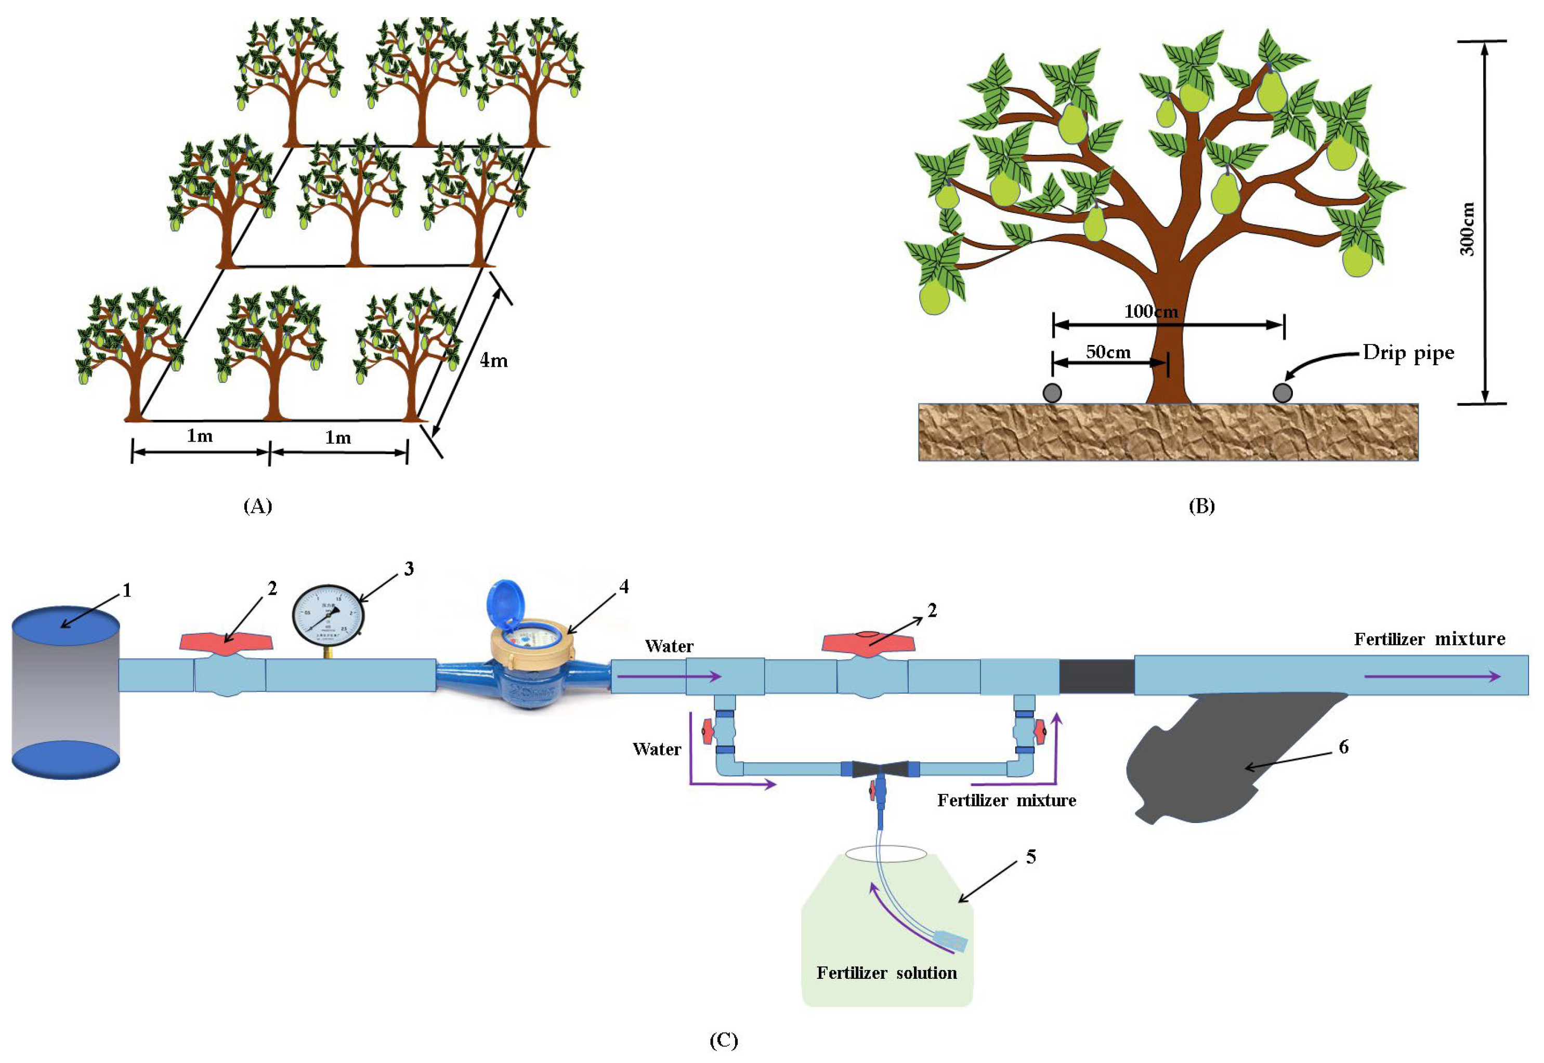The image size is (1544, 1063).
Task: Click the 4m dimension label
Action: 493,361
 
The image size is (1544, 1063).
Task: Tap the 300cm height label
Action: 1467,229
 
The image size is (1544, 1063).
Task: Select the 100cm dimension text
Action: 1151,312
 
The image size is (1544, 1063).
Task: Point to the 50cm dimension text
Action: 1108,352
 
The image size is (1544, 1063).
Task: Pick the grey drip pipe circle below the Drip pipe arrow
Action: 1282,393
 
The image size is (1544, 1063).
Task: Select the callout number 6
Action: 1343,747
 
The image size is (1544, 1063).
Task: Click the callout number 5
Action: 1031,857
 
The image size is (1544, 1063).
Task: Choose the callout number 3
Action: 409,569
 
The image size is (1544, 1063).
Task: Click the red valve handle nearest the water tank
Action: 227,642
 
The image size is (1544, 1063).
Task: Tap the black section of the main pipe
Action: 1096,676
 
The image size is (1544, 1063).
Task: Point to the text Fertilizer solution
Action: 886,973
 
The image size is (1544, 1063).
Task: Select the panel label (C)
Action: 724,1040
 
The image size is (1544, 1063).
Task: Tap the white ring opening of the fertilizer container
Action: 886,853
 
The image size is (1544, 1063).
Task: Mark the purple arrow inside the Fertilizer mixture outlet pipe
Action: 1432,676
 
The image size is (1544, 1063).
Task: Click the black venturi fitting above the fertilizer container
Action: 880,770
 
